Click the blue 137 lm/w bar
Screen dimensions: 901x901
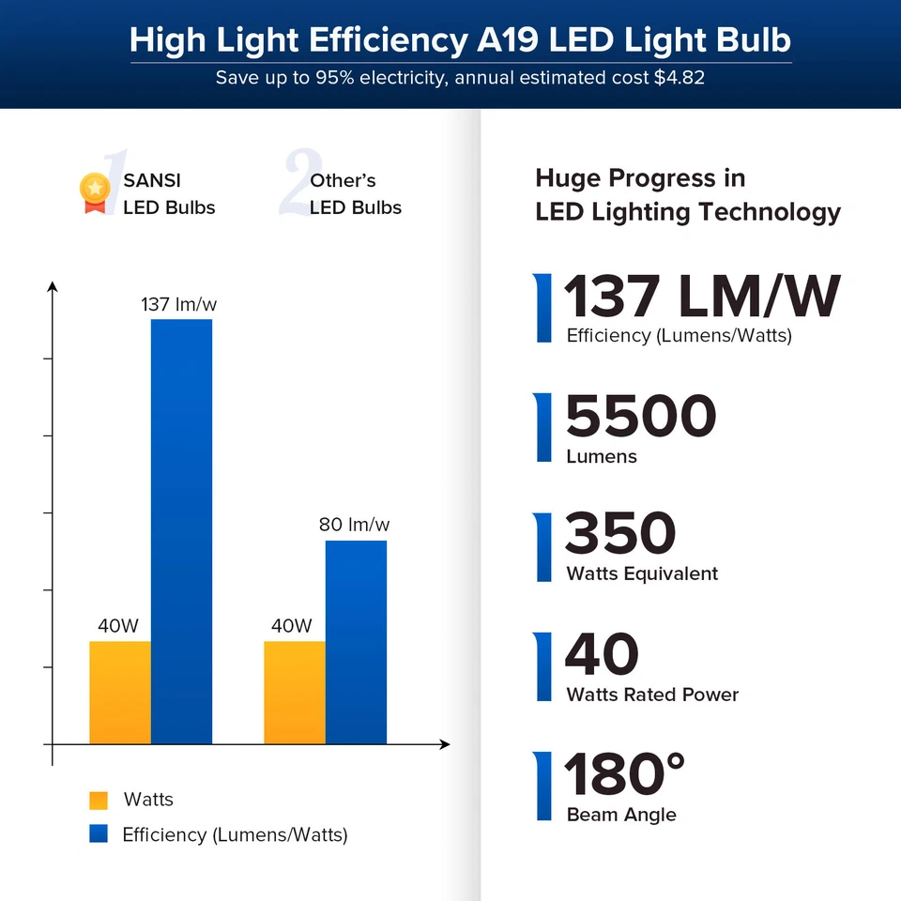(x=181, y=530)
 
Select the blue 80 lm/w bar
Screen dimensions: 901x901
(x=356, y=642)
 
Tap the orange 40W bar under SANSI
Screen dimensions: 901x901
(x=119, y=692)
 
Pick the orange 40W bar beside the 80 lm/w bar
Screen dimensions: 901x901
(x=294, y=692)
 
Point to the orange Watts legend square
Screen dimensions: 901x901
(x=99, y=801)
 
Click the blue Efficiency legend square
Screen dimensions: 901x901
(x=99, y=834)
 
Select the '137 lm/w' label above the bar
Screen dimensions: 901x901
(x=179, y=305)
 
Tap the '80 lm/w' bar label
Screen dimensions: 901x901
(x=354, y=525)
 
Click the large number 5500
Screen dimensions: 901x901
(x=641, y=417)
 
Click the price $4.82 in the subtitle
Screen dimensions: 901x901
(x=679, y=78)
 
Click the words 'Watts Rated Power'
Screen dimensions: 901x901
(x=652, y=695)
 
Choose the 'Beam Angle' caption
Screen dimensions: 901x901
(x=621, y=815)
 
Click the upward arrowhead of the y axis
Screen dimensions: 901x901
(x=53, y=286)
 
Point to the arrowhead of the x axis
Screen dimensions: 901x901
(x=445, y=744)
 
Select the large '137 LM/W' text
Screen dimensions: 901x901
(x=701, y=298)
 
